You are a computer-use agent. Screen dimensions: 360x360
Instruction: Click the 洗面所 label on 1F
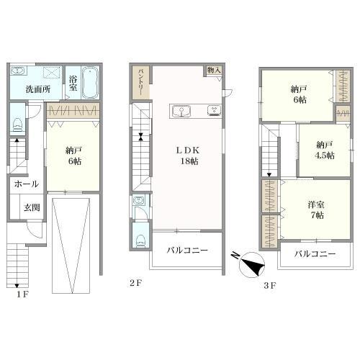(38, 89)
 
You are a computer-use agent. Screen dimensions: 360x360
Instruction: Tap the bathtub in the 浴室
(90, 83)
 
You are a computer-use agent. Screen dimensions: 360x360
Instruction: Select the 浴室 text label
(73, 84)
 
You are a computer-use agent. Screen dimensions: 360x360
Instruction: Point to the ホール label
(27, 184)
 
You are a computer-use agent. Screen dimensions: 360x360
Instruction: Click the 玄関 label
(32, 207)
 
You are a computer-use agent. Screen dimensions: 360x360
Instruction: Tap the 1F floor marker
(22, 294)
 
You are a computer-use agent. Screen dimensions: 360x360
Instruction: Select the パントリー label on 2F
(140, 82)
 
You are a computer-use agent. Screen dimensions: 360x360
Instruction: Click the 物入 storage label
(214, 70)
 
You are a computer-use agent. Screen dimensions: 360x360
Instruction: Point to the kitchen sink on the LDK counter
(181, 111)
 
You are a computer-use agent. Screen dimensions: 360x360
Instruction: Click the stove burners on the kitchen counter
(215, 110)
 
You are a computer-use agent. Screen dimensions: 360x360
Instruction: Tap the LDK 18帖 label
(189, 156)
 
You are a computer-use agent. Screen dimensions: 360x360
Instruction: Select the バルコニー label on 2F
(187, 251)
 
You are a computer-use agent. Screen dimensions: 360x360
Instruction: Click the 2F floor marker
(136, 283)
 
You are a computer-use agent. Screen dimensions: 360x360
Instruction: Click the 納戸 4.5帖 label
(325, 150)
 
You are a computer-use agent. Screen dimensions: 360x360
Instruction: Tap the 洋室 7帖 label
(316, 210)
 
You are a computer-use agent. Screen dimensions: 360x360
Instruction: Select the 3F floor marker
(270, 286)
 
